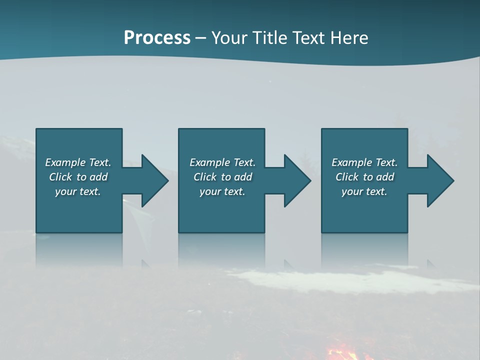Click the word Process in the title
click(157, 38)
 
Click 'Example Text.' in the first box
click(78, 162)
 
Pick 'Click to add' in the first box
click(78, 177)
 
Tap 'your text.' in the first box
click(78, 191)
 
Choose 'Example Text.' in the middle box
click(222, 162)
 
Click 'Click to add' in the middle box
click(222, 177)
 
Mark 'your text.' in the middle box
click(222, 191)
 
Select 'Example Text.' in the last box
click(364, 162)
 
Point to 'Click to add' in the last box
click(364, 177)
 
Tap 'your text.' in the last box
click(364, 191)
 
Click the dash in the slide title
click(201, 38)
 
